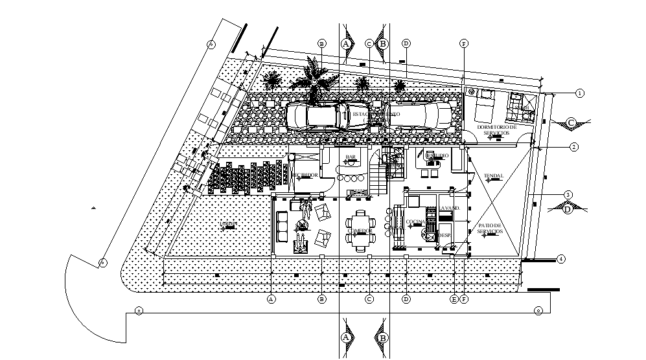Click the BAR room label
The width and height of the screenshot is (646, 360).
point(351,157)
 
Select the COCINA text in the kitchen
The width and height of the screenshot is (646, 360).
point(415,222)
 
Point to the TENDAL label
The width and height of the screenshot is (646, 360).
point(493,176)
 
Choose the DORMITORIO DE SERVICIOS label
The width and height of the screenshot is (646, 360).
point(496,129)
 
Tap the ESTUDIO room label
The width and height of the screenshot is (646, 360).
point(437,156)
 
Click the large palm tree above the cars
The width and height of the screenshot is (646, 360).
point(315,82)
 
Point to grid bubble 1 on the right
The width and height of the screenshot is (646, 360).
point(579,93)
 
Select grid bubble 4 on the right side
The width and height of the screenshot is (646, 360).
point(561,260)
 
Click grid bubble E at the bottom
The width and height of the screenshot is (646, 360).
point(454,299)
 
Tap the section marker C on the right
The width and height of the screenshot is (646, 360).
point(571,122)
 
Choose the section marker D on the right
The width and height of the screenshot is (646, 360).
point(568,208)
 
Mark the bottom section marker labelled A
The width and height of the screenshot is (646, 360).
point(346,337)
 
